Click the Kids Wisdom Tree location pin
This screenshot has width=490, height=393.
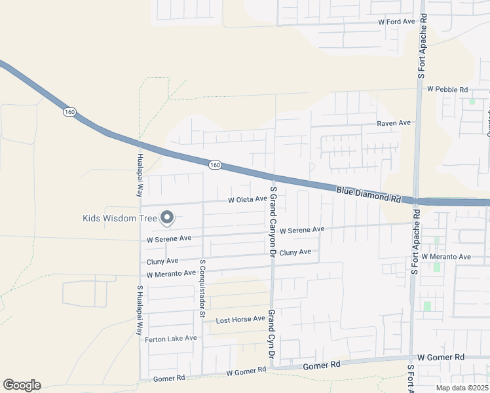[167, 217]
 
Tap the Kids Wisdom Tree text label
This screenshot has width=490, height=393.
[120, 218]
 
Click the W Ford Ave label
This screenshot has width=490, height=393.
[397, 22]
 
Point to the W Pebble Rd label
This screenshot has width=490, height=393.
[447, 89]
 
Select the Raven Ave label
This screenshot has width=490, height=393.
[393, 123]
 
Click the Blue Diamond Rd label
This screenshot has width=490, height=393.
[368, 194]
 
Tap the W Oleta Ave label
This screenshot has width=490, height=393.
[248, 200]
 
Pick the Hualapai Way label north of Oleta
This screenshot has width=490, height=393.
[140, 176]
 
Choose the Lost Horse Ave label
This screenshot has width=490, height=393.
[240, 320]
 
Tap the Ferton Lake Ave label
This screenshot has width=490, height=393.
[171, 339]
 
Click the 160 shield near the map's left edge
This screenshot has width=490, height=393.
[70, 112]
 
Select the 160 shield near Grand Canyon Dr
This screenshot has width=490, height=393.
[215, 164]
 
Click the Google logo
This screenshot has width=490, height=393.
[22, 385]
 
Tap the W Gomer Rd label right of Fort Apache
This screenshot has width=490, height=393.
[440, 358]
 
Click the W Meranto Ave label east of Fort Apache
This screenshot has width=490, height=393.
[446, 257]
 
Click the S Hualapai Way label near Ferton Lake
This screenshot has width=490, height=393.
[140, 310]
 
